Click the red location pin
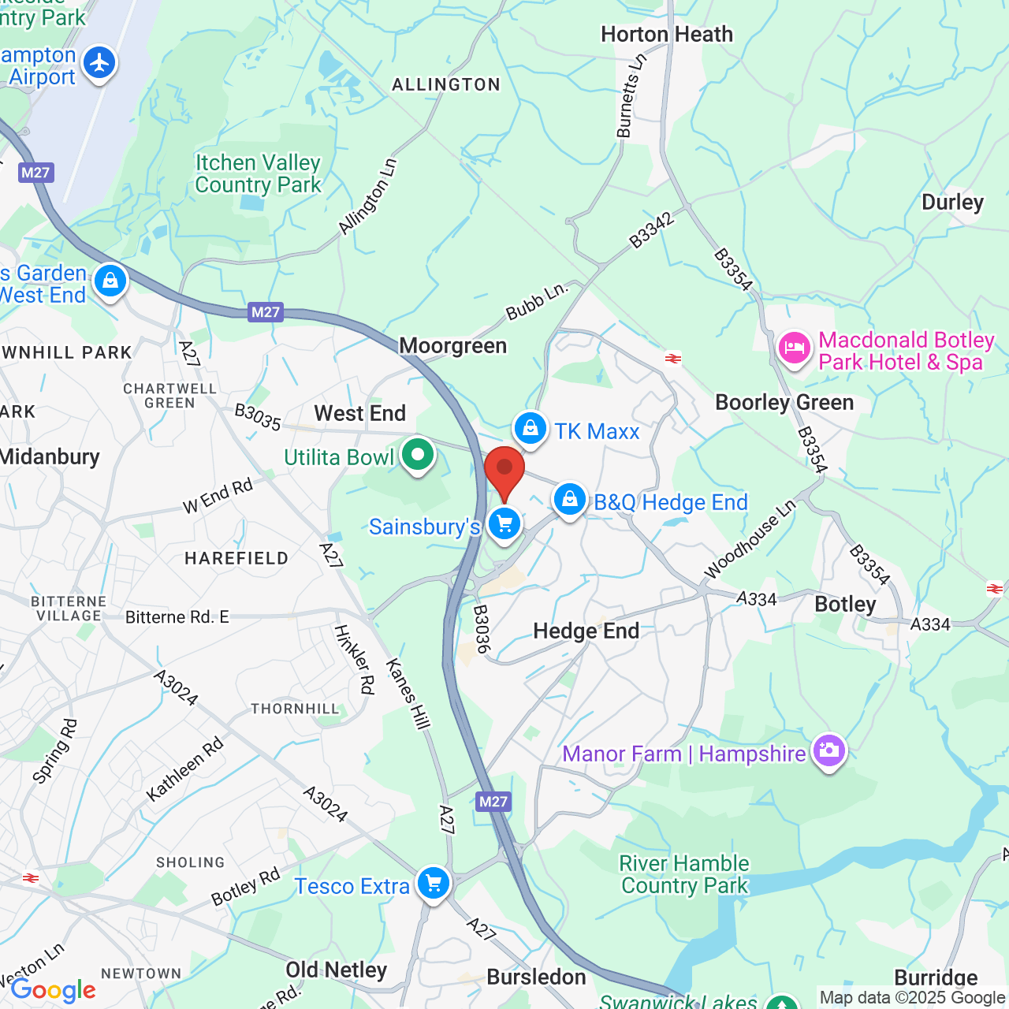click(x=504, y=471)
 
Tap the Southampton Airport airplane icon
click(x=99, y=63)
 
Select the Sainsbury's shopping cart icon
click(x=504, y=523)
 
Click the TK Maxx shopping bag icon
click(x=531, y=428)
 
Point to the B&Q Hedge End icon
click(x=569, y=499)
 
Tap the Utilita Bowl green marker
click(x=418, y=454)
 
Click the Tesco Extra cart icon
click(x=434, y=883)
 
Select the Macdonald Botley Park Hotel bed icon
click(x=794, y=348)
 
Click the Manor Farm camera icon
click(x=828, y=750)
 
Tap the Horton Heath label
click(x=667, y=35)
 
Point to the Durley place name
click(x=952, y=203)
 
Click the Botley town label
click(x=845, y=605)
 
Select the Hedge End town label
click(x=586, y=631)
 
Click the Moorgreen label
click(x=453, y=346)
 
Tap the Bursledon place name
click(x=536, y=977)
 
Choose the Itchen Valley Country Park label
click(x=259, y=173)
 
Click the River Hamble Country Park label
click(x=684, y=874)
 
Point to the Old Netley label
click(x=337, y=970)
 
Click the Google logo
click(x=54, y=990)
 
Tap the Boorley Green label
click(x=784, y=403)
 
